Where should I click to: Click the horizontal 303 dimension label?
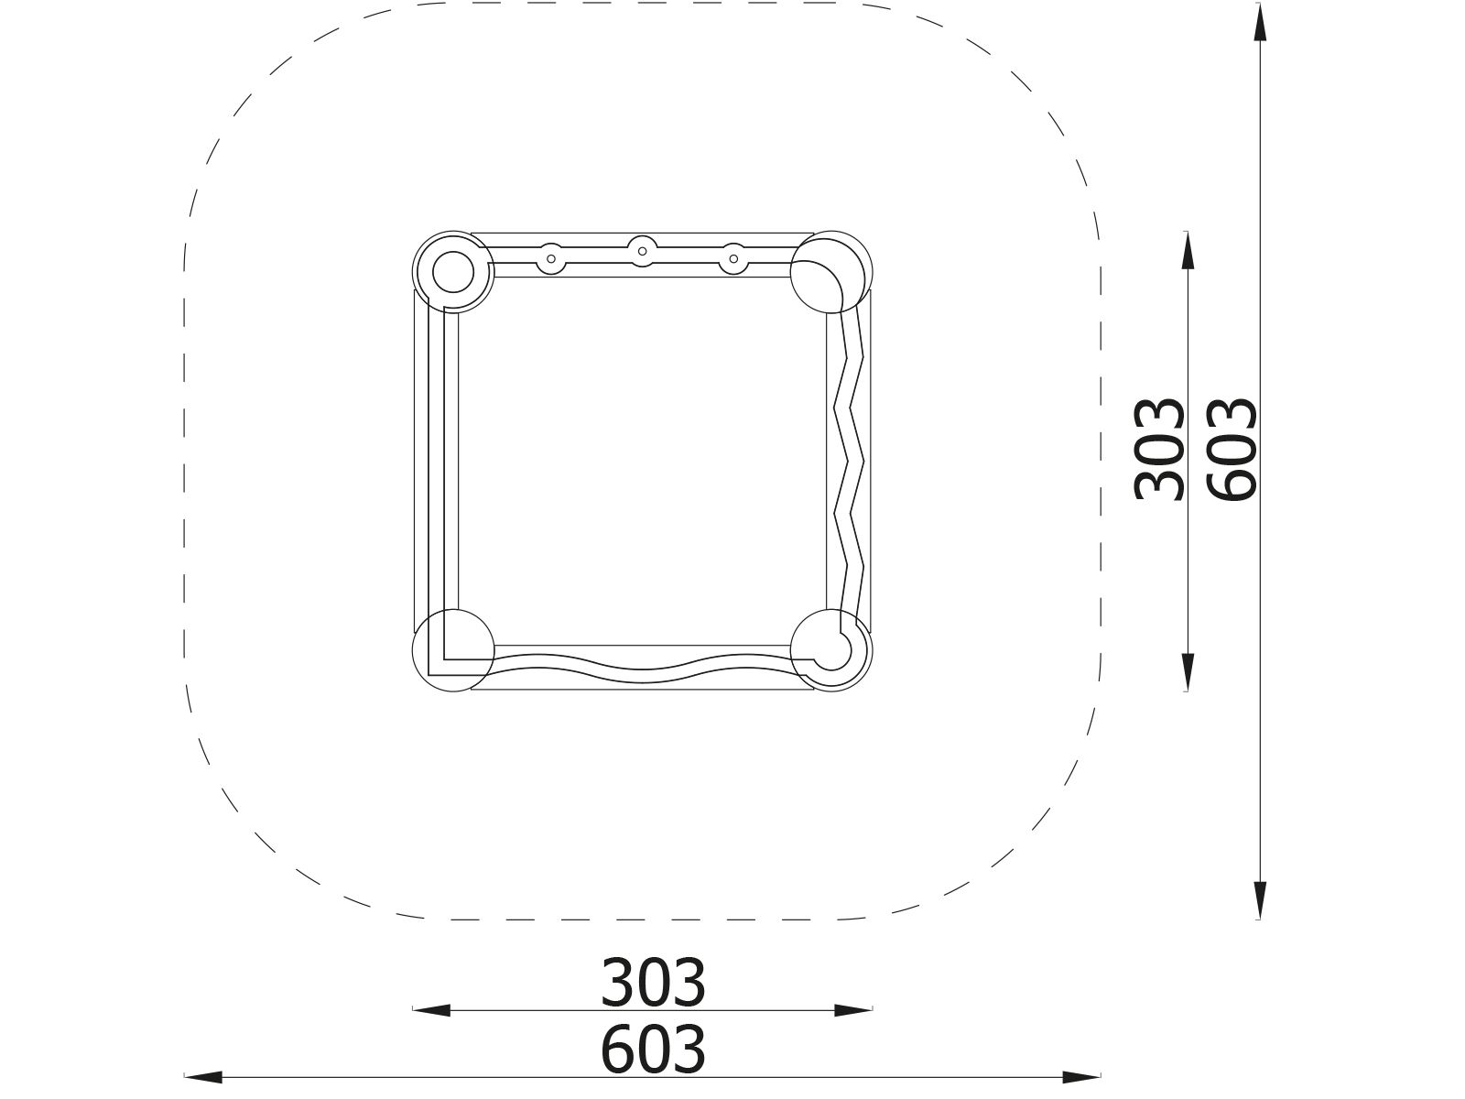653,983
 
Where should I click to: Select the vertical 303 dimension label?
1159,449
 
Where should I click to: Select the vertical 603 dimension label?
1232,449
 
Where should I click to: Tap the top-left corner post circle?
453,272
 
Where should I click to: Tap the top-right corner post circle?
831,272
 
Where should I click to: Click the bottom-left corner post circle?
453,650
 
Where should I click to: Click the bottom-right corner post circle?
831,650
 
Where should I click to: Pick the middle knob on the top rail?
642,252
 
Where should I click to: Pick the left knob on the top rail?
551,259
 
